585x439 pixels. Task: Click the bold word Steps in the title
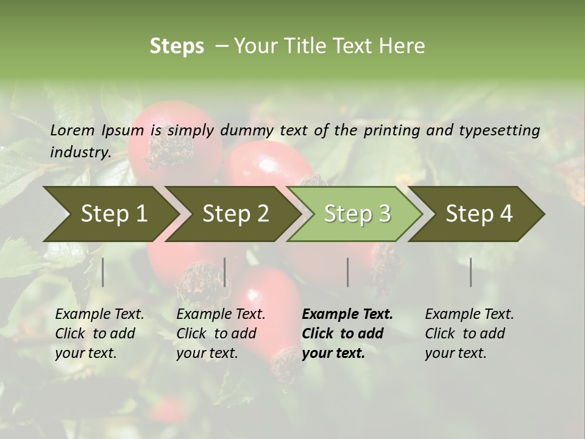(x=177, y=46)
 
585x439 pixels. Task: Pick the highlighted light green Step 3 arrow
(x=357, y=214)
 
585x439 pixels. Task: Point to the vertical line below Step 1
(x=103, y=272)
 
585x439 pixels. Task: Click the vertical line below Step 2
(x=225, y=272)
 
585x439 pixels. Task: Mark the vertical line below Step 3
(x=347, y=272)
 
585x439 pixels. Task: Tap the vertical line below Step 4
(x=470, y=272)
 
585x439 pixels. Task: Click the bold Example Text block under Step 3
(x=347, y=334)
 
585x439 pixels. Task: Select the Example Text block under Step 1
(x=99, y=334)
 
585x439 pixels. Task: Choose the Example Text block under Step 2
(x=221, y=334)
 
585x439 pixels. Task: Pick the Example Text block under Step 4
(x=469, y=334)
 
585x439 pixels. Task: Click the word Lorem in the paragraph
(x=73, y=130)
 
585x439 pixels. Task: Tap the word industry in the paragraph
(x=80, y=152)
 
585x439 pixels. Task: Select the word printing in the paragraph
(x=391, y=130)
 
